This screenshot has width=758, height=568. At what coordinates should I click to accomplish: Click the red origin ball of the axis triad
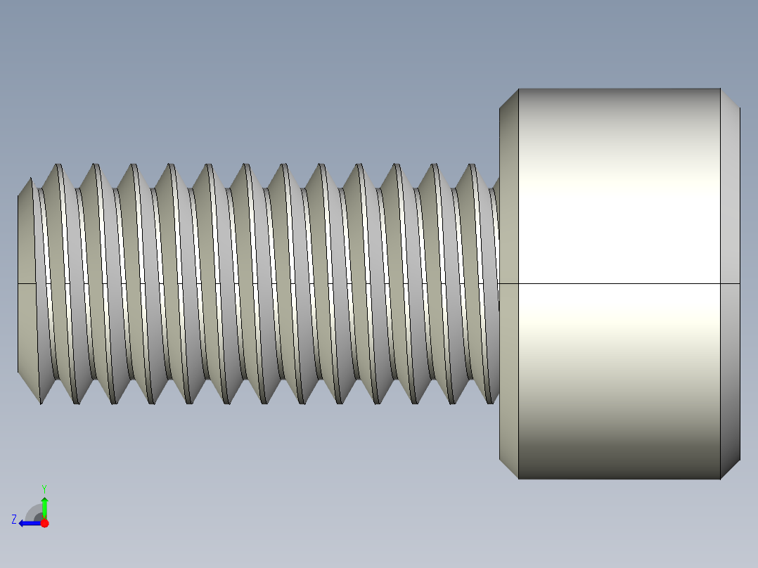tap(44, 523)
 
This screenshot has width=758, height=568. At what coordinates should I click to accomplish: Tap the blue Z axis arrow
tap(28, 523)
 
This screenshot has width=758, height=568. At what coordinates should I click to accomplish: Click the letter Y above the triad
tap(44, 488)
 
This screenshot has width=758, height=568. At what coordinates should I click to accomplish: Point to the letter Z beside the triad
tap(14, 519)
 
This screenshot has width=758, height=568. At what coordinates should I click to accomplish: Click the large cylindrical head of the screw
tap(619, 211)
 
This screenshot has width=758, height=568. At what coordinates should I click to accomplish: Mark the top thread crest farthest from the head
tap(58, 166)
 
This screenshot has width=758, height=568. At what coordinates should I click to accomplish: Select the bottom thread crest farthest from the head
tap(41, 403)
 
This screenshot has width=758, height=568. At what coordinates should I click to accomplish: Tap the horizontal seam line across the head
tap(619, 284)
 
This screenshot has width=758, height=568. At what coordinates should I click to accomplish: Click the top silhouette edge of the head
tap(619, 89)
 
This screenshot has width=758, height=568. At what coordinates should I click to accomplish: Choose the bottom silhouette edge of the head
tap(619, 479)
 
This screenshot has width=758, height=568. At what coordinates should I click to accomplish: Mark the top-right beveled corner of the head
tap(731, 98)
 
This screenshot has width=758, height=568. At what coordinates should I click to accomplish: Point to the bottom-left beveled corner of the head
tap(508, 470)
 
